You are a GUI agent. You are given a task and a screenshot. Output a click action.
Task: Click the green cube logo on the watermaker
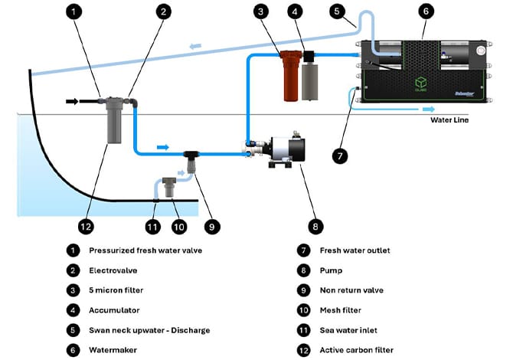420,83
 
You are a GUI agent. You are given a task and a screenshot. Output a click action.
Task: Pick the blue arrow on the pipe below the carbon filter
162,146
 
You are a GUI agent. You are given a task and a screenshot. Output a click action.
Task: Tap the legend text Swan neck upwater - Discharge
149,330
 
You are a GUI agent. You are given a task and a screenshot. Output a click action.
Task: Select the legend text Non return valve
351,290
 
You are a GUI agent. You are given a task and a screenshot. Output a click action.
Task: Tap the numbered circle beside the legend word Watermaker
72,350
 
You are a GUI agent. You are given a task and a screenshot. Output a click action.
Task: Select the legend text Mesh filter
343,310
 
